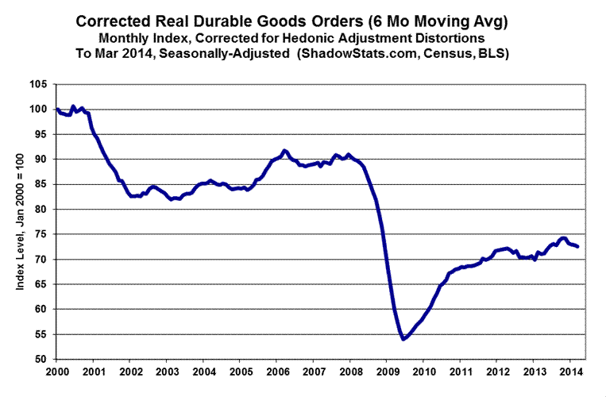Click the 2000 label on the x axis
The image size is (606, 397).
point(57,372)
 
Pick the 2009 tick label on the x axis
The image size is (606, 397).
point(386,372)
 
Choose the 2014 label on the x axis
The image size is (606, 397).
point(569,372)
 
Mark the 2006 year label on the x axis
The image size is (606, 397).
point(276,372)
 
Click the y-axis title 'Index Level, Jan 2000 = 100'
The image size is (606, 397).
point(21,222)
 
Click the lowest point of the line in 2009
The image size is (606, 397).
point(403,339)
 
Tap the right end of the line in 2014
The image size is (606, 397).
point(577,247)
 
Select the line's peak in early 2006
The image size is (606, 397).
point(284,150)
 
